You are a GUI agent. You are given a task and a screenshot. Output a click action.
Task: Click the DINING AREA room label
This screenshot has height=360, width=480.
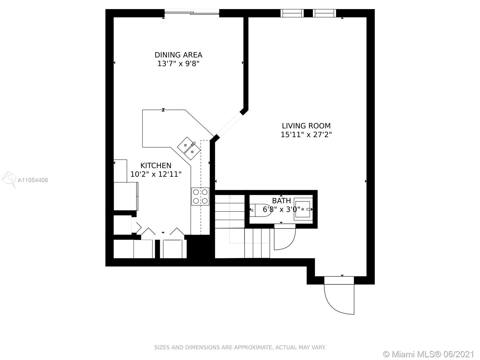[178, 55]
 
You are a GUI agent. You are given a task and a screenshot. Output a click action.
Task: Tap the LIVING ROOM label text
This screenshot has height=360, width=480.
[306, 126]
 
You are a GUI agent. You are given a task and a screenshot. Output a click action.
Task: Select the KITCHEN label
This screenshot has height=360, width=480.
[156, 165]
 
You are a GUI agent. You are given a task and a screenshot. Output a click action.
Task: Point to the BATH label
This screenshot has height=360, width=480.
[281, 200]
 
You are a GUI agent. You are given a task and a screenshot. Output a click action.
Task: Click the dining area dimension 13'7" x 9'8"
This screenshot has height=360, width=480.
[178, 64]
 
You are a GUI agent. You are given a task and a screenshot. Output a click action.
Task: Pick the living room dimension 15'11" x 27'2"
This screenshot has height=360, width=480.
[306, 134]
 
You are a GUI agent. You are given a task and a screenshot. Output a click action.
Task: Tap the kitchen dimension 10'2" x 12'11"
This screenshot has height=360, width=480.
[156, 174]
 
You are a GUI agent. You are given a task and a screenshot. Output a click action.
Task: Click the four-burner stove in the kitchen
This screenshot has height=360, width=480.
[200, 196]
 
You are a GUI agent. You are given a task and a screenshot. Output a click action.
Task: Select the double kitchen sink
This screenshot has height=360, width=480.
[189, 148]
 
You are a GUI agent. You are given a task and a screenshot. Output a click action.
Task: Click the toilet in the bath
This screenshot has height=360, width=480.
[260, 210]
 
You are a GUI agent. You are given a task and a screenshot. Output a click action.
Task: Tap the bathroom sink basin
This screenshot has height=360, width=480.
[303, 209]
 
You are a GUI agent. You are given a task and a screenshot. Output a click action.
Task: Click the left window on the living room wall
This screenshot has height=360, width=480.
[292, 13]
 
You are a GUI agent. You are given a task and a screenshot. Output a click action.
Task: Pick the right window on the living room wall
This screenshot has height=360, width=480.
[324, 13]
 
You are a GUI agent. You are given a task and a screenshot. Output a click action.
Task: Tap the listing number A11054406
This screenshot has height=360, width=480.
[33, 180]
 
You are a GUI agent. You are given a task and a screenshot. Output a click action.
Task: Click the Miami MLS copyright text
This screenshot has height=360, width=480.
[429, 354]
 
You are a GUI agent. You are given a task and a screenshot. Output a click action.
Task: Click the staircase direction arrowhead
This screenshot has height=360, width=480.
[229, 197]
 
